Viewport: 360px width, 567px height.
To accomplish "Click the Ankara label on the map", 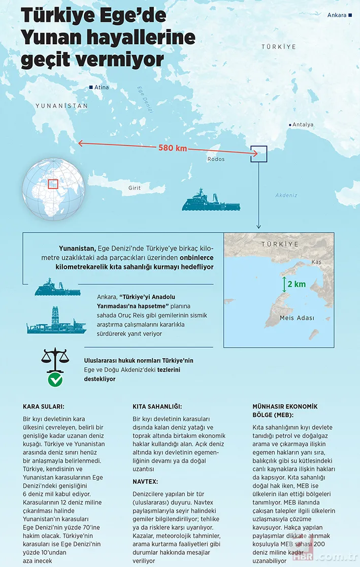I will (337, 15).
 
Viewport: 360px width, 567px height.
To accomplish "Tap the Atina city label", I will (101, 87).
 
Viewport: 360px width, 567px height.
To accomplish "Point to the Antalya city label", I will (303, 124).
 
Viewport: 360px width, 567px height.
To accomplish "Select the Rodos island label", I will (216, 159).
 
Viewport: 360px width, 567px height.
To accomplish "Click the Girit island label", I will (135, 188).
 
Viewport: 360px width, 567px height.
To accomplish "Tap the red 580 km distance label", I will (172, 149).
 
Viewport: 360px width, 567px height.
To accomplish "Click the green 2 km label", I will (296, 284).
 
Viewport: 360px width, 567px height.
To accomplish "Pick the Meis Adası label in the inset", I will (297, 318).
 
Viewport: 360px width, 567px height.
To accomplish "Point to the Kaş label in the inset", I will (316, 262).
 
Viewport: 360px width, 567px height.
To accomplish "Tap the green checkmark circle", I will (55, 380).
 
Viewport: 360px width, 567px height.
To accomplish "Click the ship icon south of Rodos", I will (211, 201).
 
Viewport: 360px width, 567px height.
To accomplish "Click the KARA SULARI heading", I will (44, 406).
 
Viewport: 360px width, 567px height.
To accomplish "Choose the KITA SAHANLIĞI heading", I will (157, 406).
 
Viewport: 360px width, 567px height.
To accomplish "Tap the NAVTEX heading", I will (145, 481).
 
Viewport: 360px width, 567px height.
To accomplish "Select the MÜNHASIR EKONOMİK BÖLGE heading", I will (285, 410).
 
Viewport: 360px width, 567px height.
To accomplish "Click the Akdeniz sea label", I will (286, 195).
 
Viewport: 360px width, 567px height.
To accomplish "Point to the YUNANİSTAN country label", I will (61, 106).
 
